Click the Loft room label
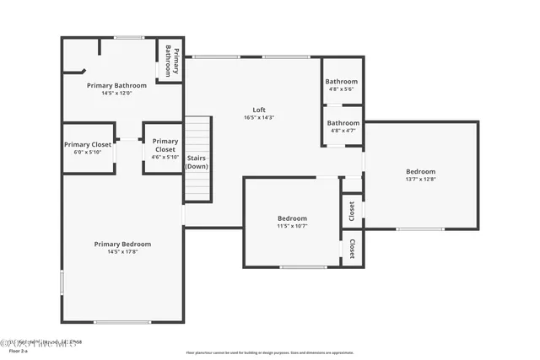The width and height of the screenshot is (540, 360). coord(259,110)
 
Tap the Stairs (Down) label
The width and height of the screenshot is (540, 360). coord(197,162)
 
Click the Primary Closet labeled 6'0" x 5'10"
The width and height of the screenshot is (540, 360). coord(88,145)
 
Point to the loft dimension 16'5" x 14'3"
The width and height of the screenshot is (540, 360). coord(259,118)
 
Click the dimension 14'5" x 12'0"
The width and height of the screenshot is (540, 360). coord(116,93)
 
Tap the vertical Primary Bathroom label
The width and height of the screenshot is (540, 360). coord(171,60)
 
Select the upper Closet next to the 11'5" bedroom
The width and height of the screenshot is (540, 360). coord(352,210)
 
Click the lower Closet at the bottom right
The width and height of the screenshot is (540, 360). coord(352,249)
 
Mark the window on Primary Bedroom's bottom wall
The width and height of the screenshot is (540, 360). coord(122,321)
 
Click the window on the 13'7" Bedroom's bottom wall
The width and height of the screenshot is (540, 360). coord(420,228)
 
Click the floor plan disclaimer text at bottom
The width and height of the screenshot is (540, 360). coord(270,352)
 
